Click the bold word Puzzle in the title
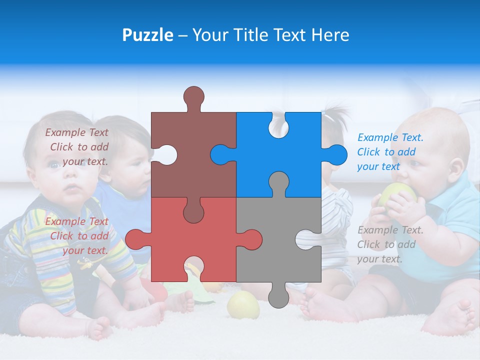(x=147, y=35)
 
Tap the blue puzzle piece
(x=295, y=150)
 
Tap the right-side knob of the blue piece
(x=335, y=154)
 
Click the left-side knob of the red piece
(x=136, y=239)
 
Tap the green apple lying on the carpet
(x=243, y=305)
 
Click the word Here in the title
(x=330, y=35)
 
